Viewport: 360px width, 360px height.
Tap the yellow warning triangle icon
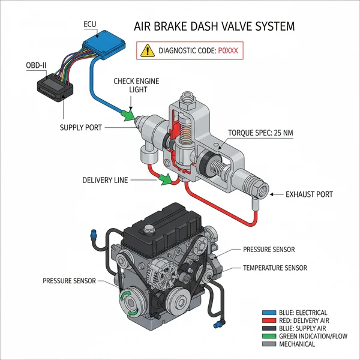[x=146, y=51]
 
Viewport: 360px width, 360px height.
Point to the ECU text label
[x=89, y=23]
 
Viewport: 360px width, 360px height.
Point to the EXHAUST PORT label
[x=310, y=194]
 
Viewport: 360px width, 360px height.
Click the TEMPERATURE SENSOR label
[x=275, y=268]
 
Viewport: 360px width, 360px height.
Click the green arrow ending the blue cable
[x=127, y=114]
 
